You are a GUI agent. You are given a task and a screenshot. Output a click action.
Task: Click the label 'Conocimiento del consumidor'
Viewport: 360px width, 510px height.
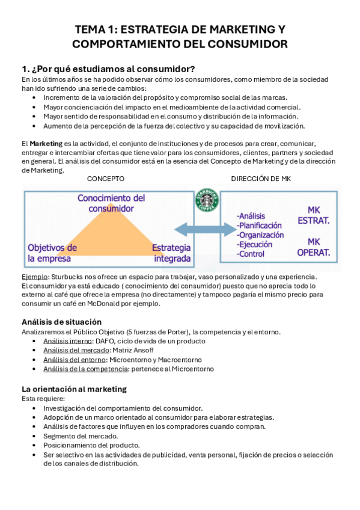112,203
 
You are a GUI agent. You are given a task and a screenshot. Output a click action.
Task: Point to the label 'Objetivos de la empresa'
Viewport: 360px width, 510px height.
52,253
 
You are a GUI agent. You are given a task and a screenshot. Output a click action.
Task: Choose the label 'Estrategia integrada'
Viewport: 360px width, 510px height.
171,253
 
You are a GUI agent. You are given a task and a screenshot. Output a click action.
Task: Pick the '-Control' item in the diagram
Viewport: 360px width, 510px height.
251,254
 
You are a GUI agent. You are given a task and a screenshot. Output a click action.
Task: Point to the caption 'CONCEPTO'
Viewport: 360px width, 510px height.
106,179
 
